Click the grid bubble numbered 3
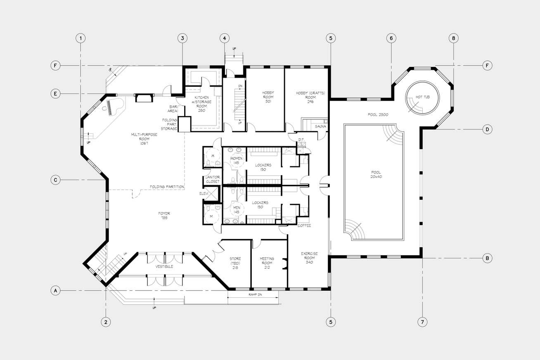182,38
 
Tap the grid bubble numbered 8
454,38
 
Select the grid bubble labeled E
55,94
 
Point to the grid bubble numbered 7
422,322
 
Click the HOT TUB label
423,97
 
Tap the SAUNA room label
320,126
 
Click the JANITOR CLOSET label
213,180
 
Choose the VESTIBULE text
164,266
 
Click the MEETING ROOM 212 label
267,263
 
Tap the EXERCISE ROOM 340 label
309,258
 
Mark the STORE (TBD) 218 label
235,263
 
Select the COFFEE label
304,225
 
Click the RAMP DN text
255,295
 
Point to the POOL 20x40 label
377,174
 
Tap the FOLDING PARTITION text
167,187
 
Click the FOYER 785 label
164,216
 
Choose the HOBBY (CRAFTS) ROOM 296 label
310,97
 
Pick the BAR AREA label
173,109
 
